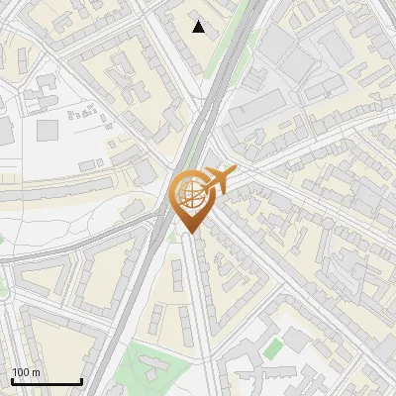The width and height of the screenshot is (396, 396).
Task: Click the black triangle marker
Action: click(x=199, y=27)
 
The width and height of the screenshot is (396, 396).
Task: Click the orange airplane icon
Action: click(x=217, y=180)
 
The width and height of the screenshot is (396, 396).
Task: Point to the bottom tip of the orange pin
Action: click(x=189, y=234)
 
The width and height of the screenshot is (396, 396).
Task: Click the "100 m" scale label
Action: click(x=27, y=372)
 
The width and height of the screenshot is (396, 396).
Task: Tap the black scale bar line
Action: click(x=47, y=382)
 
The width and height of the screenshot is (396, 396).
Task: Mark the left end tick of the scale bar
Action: click(x=12, y=381)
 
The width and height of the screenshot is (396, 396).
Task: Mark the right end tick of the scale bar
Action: click(x=81, y=381)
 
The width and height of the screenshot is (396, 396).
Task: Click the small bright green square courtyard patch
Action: click(x=273, y=346)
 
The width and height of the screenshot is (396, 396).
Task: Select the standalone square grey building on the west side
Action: click(x=48, y=129)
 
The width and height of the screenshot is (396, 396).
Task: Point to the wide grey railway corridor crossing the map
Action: click(x=158, y=247)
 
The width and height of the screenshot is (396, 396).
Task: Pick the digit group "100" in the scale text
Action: click(x=22, y=372)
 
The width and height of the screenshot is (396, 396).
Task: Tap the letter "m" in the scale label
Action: click(x=37, y=372)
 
